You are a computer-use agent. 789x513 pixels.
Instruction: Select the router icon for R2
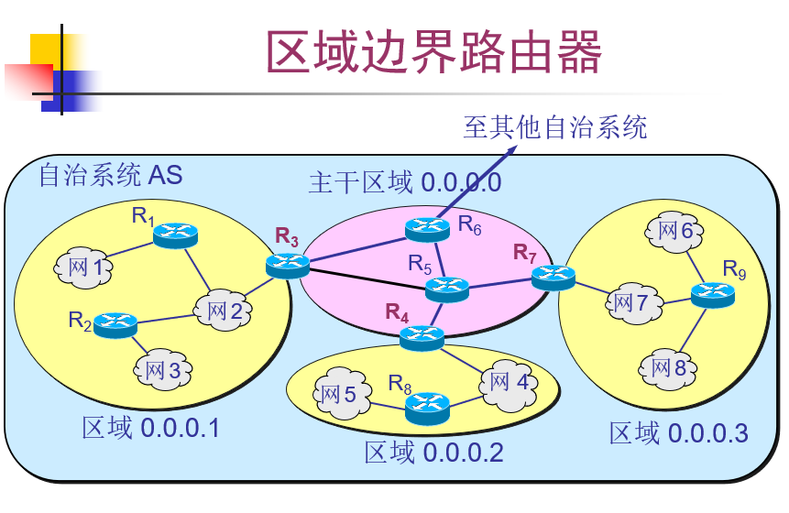tap(115, 322)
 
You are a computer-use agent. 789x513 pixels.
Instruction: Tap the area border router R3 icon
tap(288, 266)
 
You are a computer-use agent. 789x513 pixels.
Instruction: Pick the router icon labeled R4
tap(422, 337)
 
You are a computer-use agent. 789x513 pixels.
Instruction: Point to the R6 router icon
tap(427, 227)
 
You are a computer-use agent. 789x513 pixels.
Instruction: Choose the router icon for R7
tap(553, 276)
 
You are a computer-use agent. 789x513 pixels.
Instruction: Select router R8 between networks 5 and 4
tap(427, 404)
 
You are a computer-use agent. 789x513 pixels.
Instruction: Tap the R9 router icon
tap(712, 294)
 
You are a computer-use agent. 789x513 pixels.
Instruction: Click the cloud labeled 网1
tap(85, 267)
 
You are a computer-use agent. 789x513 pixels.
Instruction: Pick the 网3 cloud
tap(164, 369)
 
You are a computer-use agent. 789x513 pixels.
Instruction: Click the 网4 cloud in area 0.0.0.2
tap(509, 381)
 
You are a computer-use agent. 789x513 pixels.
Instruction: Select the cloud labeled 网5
tap(339, 395)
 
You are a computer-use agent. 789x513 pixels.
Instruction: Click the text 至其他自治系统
tap(554, 126)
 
